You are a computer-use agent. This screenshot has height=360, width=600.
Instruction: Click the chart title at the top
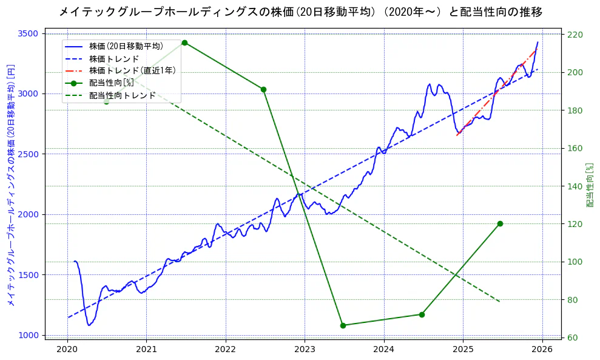click(300, 12)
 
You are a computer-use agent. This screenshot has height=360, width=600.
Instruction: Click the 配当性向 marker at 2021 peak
click(184, 42)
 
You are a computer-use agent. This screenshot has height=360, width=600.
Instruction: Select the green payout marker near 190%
click(263, 89)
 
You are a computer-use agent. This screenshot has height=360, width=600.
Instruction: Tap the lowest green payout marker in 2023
click(343, 325)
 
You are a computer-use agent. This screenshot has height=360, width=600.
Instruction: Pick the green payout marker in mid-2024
click(422, 314)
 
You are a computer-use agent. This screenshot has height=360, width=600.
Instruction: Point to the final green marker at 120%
click(500, 223)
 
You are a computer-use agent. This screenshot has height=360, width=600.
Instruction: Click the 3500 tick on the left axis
click(29, 33)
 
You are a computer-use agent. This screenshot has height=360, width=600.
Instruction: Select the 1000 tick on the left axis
click(29, 335)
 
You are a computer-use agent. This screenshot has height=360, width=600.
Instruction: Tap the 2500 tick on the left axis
click(29, 154)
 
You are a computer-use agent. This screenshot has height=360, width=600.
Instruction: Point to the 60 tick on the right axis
click(571, 338)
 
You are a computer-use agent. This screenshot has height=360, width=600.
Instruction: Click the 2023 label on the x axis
click(305, 350)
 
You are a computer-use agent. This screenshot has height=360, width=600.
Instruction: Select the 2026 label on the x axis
click(542, 350)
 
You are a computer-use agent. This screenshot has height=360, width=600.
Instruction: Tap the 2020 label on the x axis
click(67, 350)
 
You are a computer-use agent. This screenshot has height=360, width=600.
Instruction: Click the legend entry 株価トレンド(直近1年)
click(132, 70)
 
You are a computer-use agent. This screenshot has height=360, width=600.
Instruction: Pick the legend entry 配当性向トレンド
click(122, 95)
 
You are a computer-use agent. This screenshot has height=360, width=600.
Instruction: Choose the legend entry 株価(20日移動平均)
click(126, 46)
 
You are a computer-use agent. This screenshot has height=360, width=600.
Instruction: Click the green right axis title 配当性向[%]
click(590, 185)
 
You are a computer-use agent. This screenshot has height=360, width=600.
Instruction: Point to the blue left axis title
click(11, 185)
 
